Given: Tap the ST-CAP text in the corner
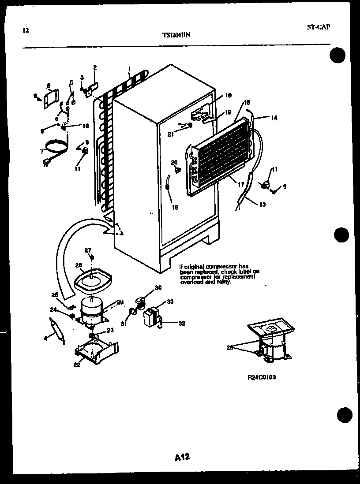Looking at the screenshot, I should pyautogui.click(x=318, y=27).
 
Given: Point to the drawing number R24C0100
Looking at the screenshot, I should pyautogui.click(x=262, y=377).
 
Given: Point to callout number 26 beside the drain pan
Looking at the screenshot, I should pyautogui.click(x=79, y=265).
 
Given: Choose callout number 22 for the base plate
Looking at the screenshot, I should pyautogui.click(x=77, y=365).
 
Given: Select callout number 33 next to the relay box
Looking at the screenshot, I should pyautogui.click(x=170, y=302).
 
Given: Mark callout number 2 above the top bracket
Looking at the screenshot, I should pyautogui.click(x=94, y=67).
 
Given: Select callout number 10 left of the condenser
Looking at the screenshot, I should pyautogui.click(x=85, y=126).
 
